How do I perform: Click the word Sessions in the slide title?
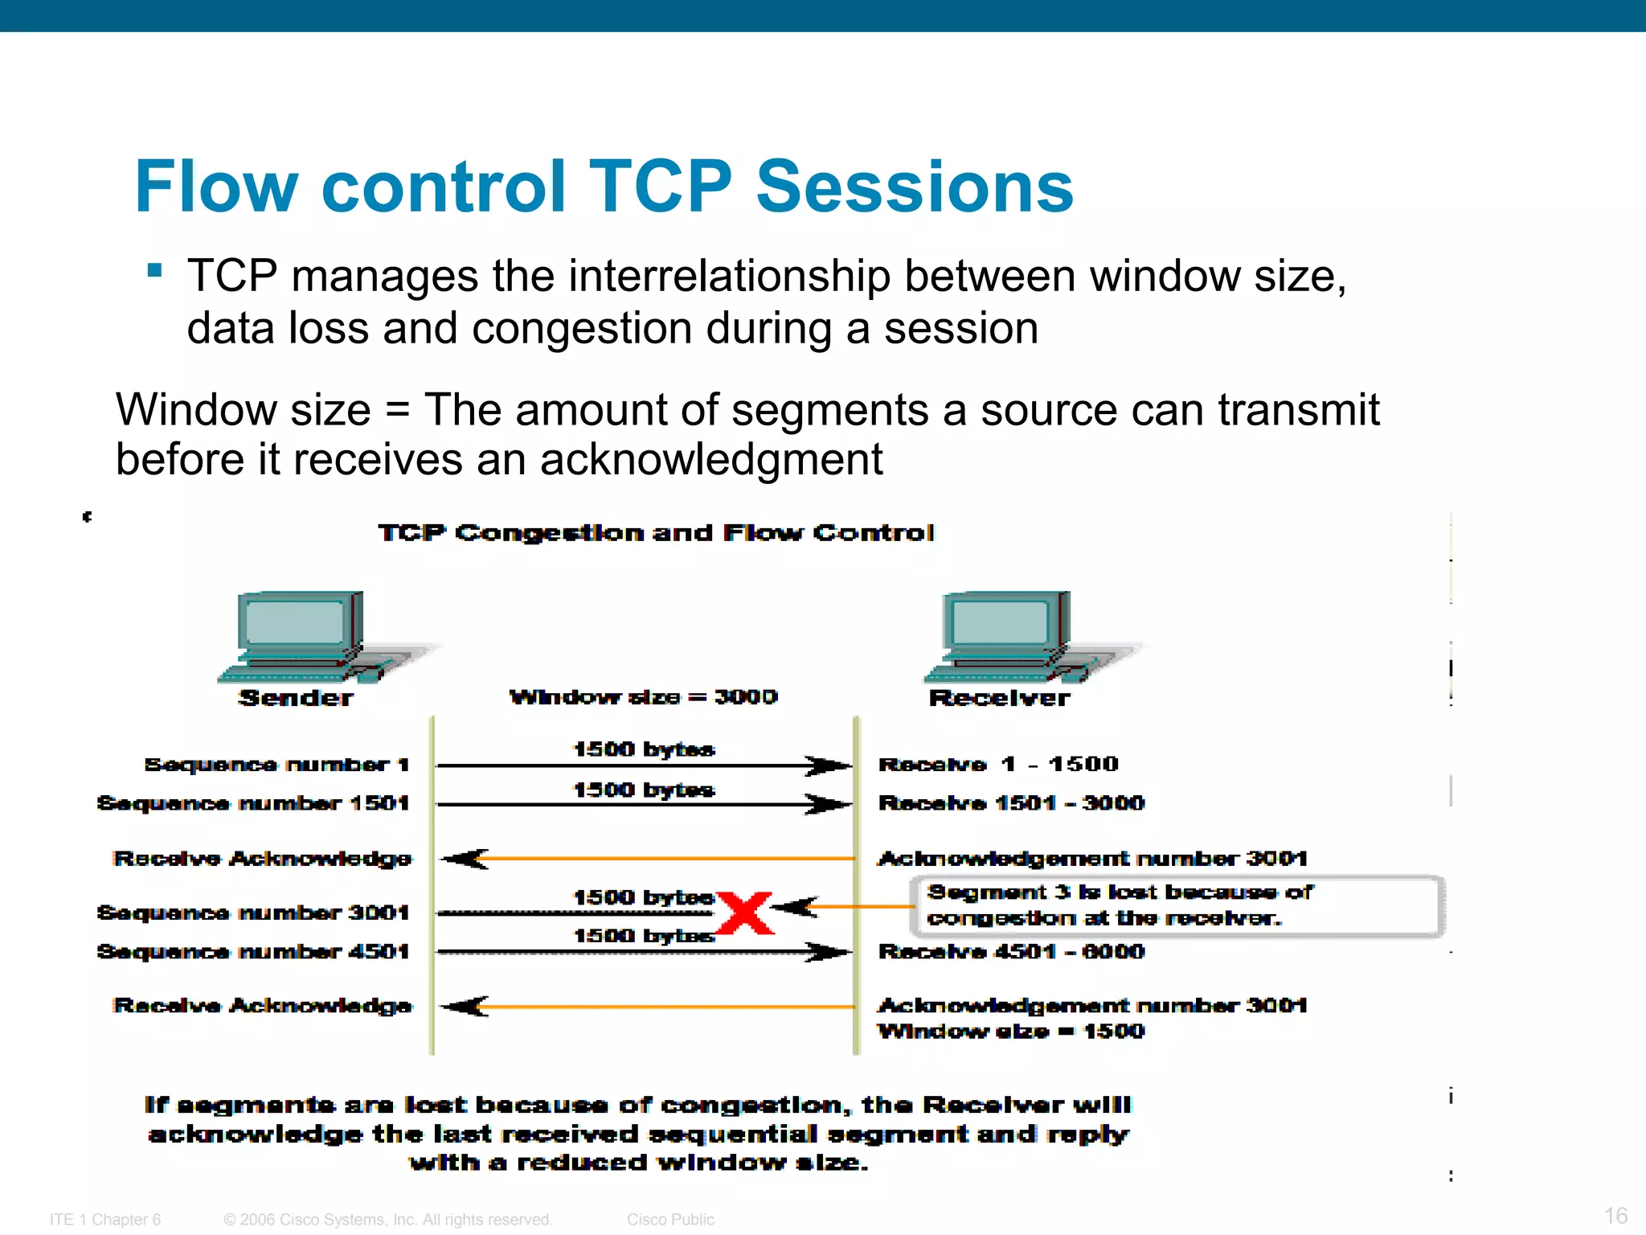914,187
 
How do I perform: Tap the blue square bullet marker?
155,270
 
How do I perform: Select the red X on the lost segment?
744,913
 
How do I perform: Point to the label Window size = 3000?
644,696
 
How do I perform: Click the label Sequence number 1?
276,764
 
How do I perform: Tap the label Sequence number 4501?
253,951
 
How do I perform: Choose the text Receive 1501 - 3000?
1011,802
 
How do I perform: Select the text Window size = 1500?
1010,1031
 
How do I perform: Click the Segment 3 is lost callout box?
1177,905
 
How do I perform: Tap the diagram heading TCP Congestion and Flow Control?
656,532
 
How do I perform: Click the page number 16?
1615,1215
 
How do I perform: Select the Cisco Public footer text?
670,1219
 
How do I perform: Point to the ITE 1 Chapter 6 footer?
105,1219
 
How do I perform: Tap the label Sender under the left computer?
296,697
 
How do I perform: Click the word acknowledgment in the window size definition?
710,460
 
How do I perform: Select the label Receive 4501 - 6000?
1011,951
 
